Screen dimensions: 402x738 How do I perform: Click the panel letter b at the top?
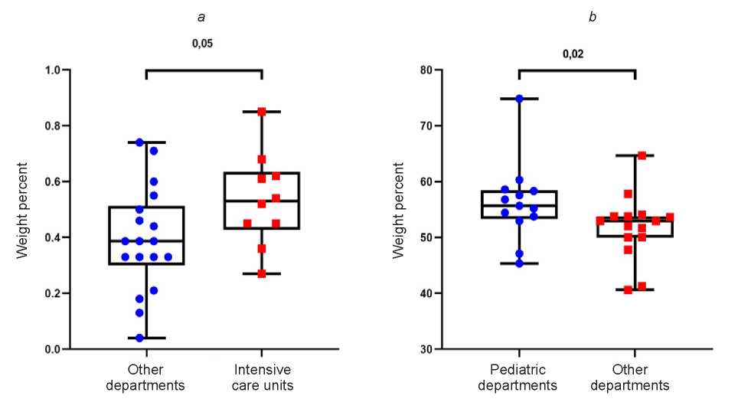click(x=592, y=17)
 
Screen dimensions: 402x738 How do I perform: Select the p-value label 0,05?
click(x=202, y=43)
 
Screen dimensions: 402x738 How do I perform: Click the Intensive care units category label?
click(x=262, y=377)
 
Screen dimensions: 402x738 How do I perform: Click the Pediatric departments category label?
click(x=518, y=377)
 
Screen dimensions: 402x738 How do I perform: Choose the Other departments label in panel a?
click(x=145, y=377)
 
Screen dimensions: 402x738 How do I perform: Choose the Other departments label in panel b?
click(x=635, y=377)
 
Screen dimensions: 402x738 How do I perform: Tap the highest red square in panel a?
click(x=262, y=112)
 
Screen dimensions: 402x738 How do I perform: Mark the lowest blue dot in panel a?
click(x=139, y=338)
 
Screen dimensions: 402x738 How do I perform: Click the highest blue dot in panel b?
click(x=519, y=99)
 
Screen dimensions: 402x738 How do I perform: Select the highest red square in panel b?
click(x=642, y=155)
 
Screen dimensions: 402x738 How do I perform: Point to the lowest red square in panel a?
click(x=262, y=273)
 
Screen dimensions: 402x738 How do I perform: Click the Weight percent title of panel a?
click(x=23, y=209)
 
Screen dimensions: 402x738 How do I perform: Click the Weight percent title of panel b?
click(x=399, y=209)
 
